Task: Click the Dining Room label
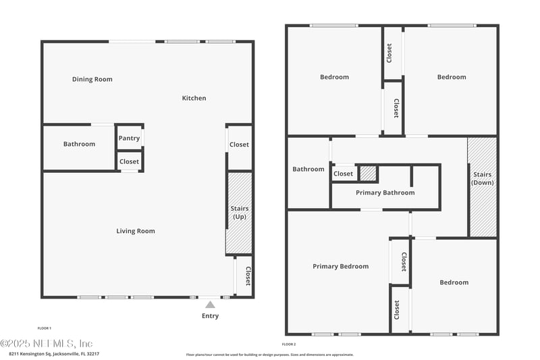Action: [x=92, y=80]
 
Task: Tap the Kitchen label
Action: [x=194, y=99]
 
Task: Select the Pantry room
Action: [x=129, y=138]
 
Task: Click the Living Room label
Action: [x=136, y=231]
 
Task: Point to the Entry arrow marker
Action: [x=211, y=305]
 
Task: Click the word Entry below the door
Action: [x=211, y=316]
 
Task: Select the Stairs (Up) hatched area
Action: [x=239, y=213]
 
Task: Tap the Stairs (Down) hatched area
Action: [x=483, y=186]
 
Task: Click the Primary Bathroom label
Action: [x=385, y=193]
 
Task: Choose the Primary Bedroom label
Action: [x=340, y=266]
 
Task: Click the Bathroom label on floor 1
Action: [x=79, y=144]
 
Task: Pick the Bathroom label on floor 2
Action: [x=308, y=170]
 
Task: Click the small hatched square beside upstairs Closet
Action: [x=367, y=174]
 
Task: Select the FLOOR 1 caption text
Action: [x=44, y=328]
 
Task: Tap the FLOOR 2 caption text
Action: [x=289, y=344]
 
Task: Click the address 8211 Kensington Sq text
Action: [x=54, y=353]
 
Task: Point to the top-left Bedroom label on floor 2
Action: [x=334, y=77]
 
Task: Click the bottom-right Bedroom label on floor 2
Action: [x=454, y=282]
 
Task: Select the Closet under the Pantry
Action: [x=129, y=161]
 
